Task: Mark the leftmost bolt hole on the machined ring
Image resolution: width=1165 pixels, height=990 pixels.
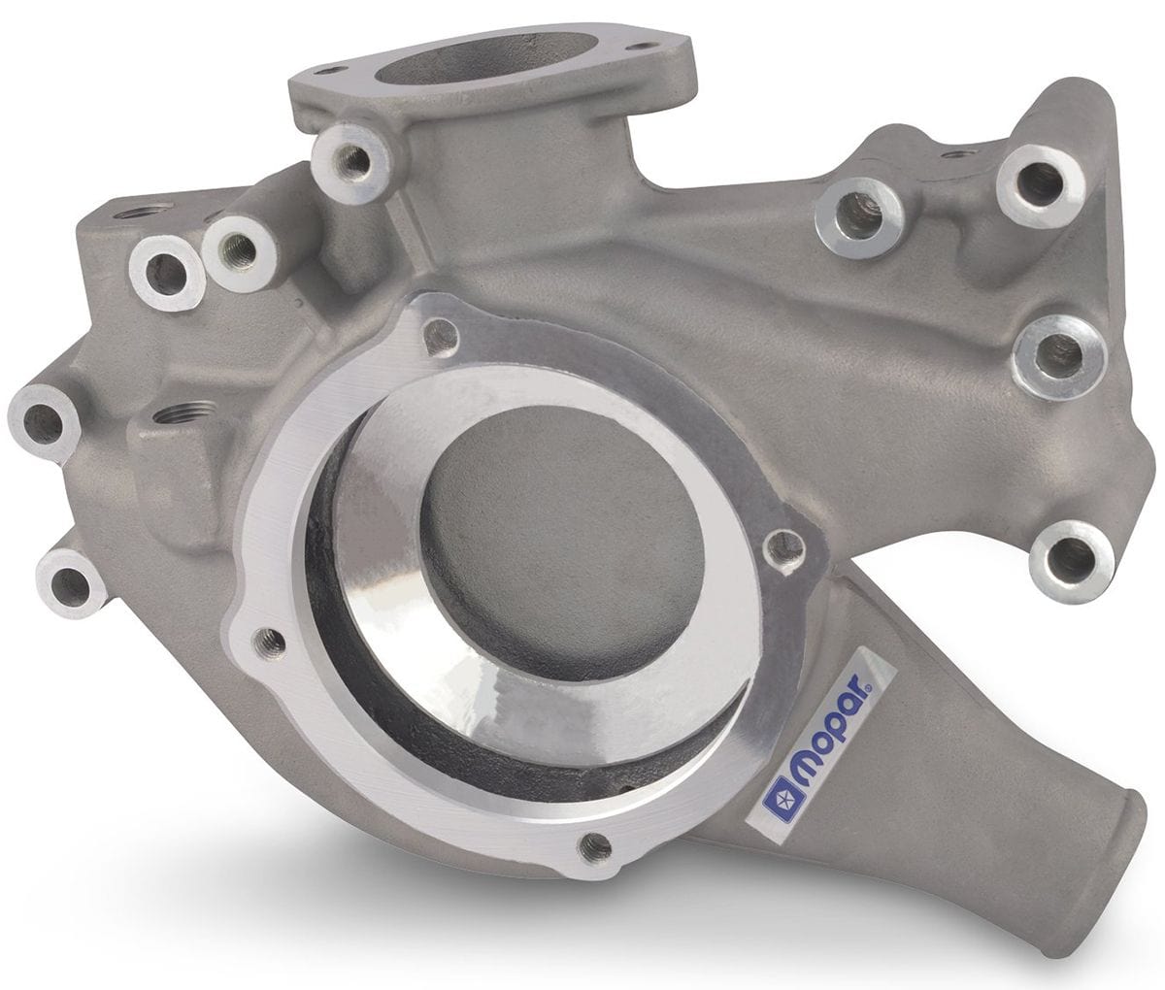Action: pyautogui.click(x=268, y=641)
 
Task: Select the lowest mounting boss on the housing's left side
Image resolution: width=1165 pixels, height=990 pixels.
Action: pyautogui.click(x=70, y=582)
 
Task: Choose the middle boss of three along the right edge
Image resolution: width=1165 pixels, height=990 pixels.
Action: pyautogui.click(x=1053, y=354)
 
